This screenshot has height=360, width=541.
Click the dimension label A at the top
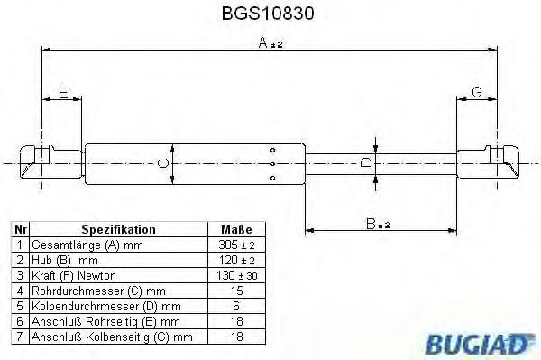265,42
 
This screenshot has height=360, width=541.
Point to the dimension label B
371,223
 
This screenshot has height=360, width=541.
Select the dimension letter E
62,92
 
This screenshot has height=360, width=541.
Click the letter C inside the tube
161,162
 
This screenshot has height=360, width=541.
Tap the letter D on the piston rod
364,162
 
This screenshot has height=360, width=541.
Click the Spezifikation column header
119,229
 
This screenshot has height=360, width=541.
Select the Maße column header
236,229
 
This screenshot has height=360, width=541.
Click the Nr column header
21,229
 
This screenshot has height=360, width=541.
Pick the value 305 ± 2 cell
236,245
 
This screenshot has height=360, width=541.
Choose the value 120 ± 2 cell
236,260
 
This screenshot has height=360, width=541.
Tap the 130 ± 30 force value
236,275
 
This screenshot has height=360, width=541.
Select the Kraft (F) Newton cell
74,275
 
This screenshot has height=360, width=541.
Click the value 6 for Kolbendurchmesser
236,306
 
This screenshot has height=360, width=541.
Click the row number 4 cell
21,291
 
